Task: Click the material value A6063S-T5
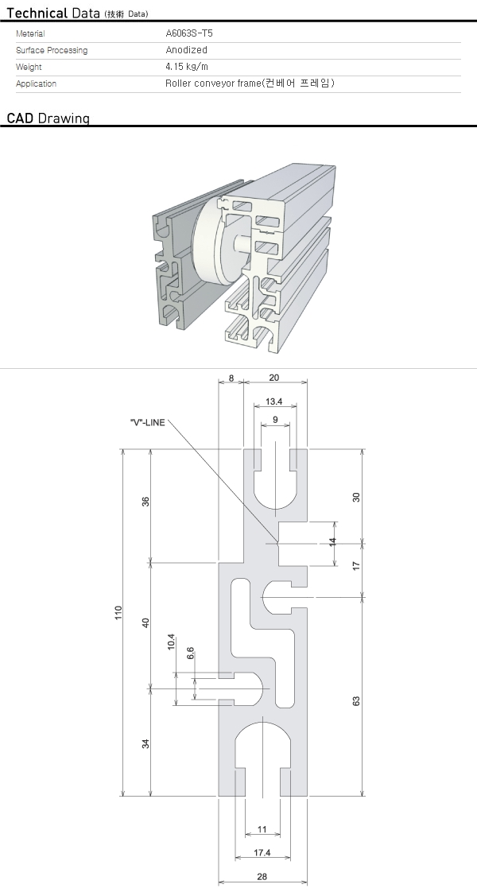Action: [x=189, y=33]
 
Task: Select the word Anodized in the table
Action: [x=186, y=50]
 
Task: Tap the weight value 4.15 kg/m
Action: [x=186, y=67]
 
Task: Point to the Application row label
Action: [x=36, y=83]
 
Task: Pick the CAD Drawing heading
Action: [x=48, y=118]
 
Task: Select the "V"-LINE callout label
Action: [x=148, y=422]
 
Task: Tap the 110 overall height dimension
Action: [x=118, y=613]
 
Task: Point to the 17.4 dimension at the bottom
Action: [x=262, y=853]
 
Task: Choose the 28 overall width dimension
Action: [x=262, y=877]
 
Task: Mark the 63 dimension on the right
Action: [x=356, y=700]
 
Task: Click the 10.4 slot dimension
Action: [x=172, y=642]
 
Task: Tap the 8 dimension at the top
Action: [x=231, y=378]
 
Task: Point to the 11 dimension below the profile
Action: [x=262, y=829]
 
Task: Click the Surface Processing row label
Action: [x=52, y=50]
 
